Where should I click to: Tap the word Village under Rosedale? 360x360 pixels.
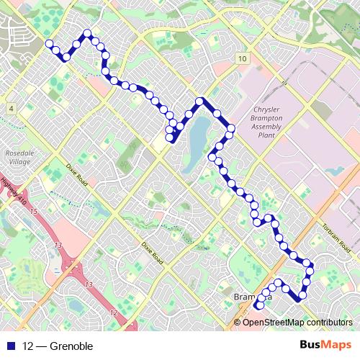[17, 163]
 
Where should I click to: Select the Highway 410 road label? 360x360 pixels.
[13, 192]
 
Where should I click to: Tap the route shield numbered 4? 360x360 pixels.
[12, 108]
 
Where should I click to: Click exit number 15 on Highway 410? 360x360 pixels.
[35, 211]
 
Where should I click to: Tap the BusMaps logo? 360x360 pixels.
[325, 346]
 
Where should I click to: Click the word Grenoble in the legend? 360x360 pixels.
[72, 346]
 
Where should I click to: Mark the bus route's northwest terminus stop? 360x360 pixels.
[49, 44]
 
